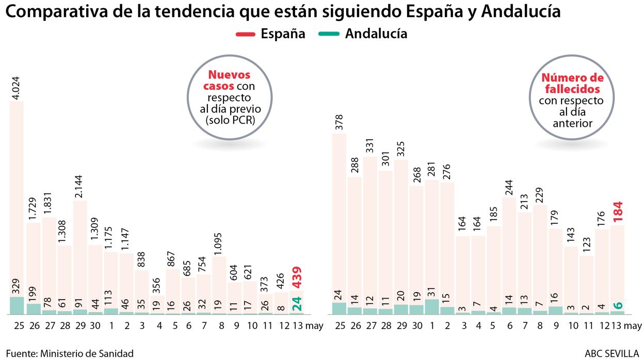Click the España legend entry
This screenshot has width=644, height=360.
click(270, 34)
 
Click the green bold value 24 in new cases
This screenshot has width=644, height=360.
click(297, 304)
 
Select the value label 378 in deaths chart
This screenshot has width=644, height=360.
click(339, 123)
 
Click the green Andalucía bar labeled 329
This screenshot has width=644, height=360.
click(17, 305)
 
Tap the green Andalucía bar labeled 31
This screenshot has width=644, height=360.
click(432, 306)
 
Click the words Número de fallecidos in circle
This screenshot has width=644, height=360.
click(572, 84)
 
